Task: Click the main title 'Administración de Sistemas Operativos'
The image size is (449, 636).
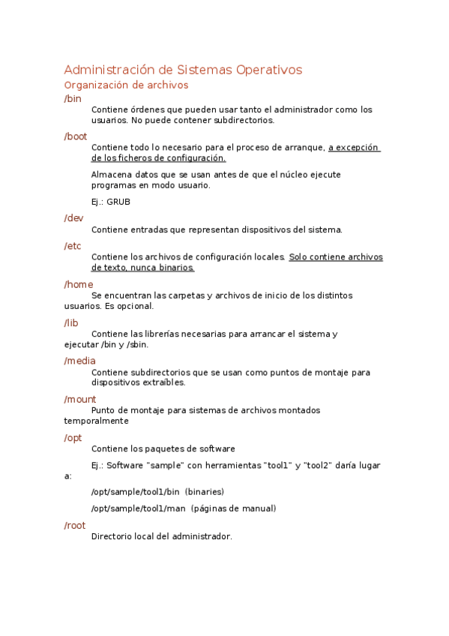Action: (x=183, y=70)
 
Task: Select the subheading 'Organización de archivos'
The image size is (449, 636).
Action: (x=126, y=85)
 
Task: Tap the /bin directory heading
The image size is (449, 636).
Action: (x=73, y=98)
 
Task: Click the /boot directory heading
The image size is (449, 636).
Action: (x=76, y=136)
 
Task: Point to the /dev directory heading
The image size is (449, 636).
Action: (x=73, y=217)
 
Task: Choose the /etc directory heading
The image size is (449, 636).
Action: (x=73, y=245)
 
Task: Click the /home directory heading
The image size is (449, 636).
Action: (x=79, y=283)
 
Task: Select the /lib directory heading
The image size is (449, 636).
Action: (x=71, y=322)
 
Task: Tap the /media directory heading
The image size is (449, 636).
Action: (x=80, y=361)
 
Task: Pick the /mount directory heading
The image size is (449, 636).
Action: (x=80, y=399)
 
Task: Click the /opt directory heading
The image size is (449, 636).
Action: (x=73, y=437)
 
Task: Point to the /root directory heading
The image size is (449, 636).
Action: (x=75, y=525)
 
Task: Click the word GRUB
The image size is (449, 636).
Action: (x=119, y=202)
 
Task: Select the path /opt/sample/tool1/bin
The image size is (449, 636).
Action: (x=135, y=492)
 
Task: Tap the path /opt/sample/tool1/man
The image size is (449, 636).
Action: (x=138, y=508)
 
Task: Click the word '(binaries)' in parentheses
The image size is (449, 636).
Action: (x=205, y=492)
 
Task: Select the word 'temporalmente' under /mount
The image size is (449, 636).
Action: (x=97, y=421)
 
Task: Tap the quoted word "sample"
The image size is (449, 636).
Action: (x=165, y=466)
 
